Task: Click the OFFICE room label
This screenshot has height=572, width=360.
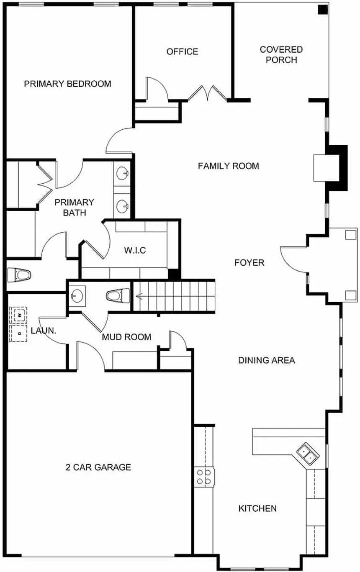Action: pyautogui.click(x=182, y=51)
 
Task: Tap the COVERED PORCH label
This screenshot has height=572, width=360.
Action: pyautogui.click(x=281, y=55)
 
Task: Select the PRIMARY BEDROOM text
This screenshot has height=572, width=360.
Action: pyautogui.click(x=67, y=84)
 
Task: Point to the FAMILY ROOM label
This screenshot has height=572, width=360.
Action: pyautogui.click(x=229, y=166)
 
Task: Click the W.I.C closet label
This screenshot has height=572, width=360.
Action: pyautogui.click(x=135, y=250)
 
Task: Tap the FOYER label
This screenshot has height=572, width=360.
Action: pyautogui.click(x=249, y=262)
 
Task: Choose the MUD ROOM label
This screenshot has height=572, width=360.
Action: pyautogui.click(x=126, y=337)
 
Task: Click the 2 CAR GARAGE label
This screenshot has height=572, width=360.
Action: pyautogui.click(x=98, y=467)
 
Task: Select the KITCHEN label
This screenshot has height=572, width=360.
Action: pyautogui.click(x=257, y=508)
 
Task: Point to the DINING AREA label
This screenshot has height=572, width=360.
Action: pyautogui.click(x=267, y=360)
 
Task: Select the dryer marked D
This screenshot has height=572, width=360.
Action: pyautogui.click(x=18, y=333)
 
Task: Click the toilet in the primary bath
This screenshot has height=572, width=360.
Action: pyautogui.click(x=19, y=275)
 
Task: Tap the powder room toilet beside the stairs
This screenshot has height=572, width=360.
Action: pyautogui.click(x=118, y=296)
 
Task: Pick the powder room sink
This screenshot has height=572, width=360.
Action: pyautogui.click(x=77, y=296)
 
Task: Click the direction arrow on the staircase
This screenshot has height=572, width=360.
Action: pyautogui.click(x=140, y=296)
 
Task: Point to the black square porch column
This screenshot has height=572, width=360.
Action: pyautogui.click(x=323, y=10)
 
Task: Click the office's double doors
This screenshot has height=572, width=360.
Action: pyautogui.click(x=207, y=93)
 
